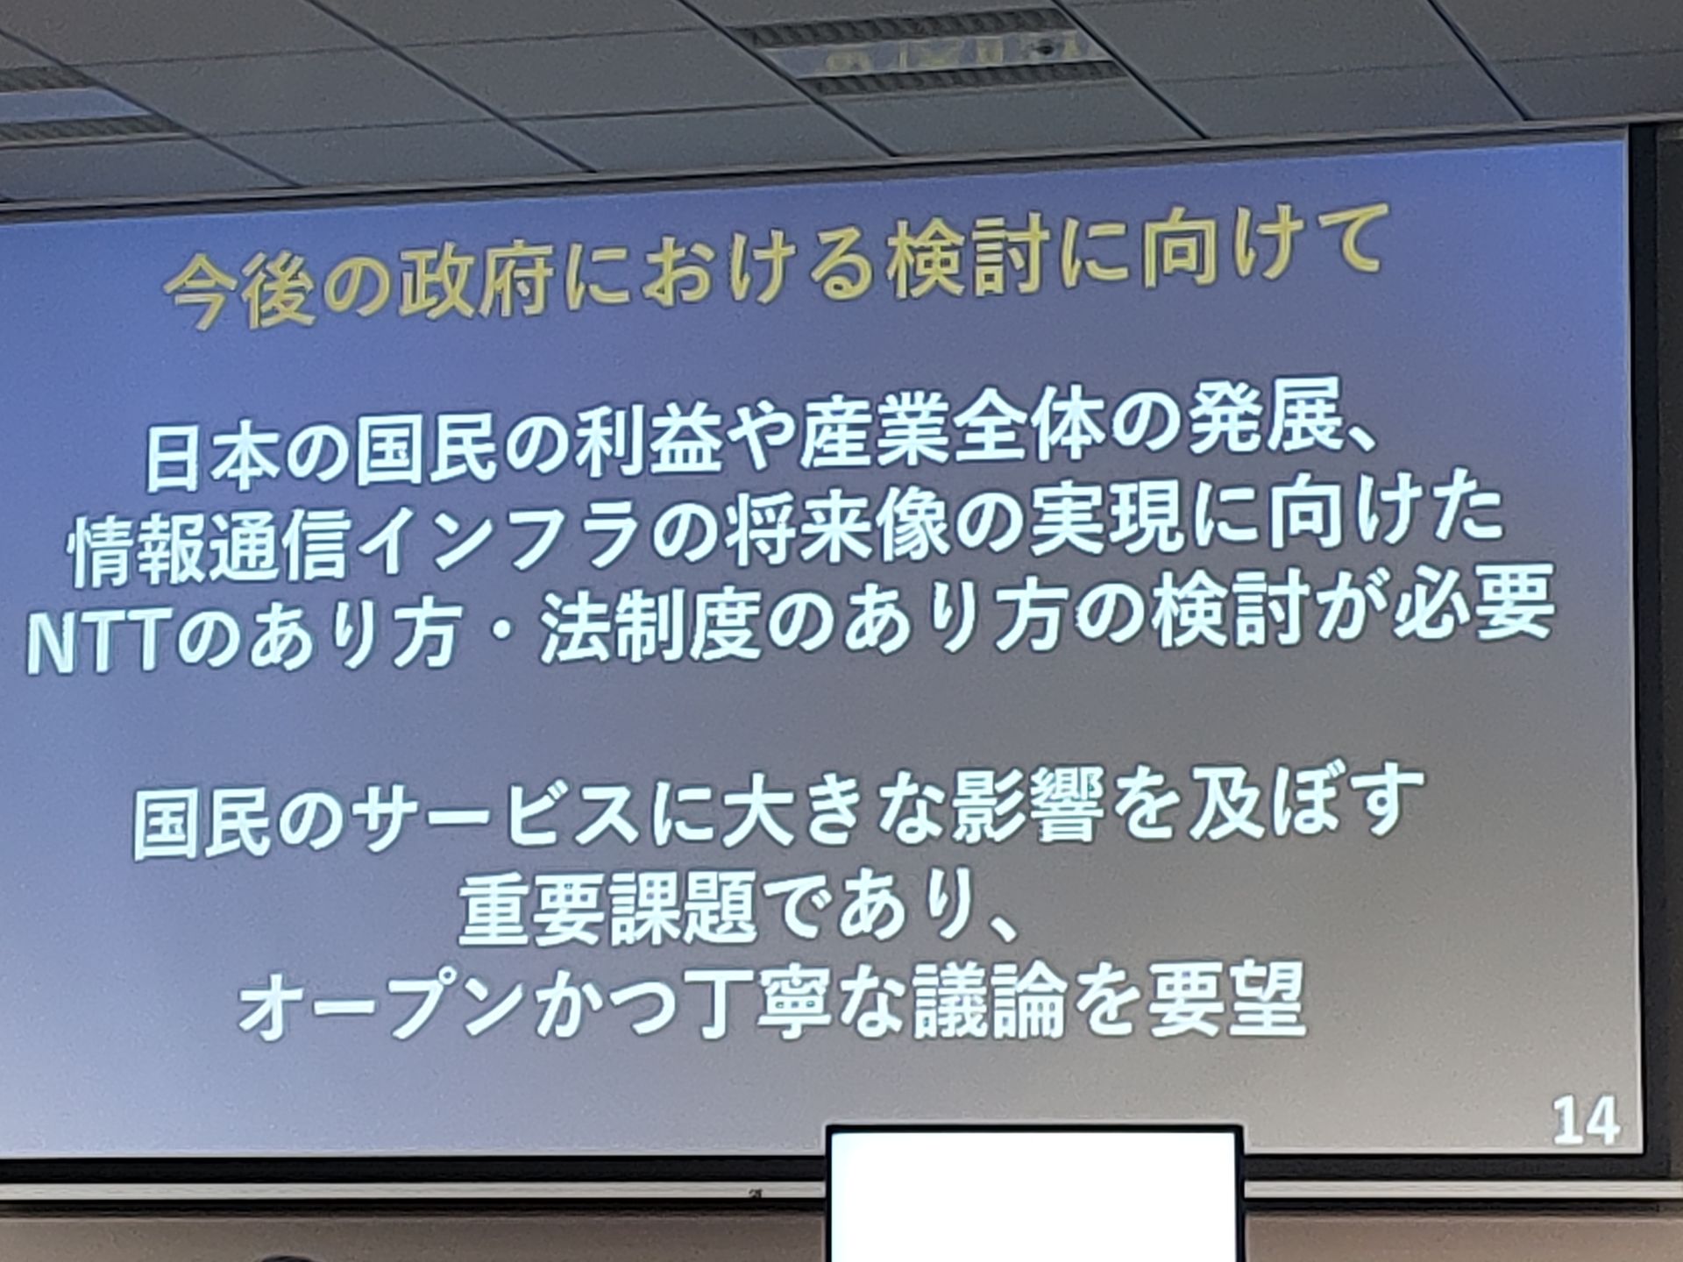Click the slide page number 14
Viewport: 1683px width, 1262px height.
click(x=1586, y=1121)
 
